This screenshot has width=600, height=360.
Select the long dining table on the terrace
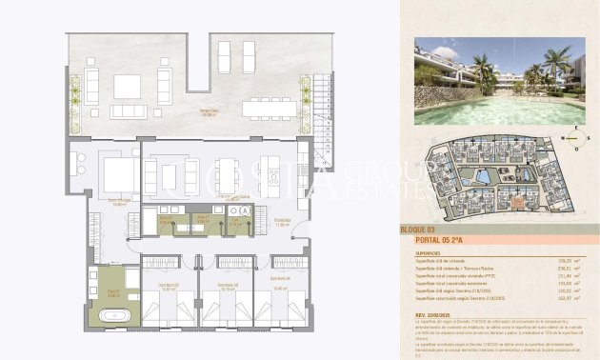(270, 109)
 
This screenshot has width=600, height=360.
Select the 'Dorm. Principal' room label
(119, 203)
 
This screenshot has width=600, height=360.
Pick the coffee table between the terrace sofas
(128, 86)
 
